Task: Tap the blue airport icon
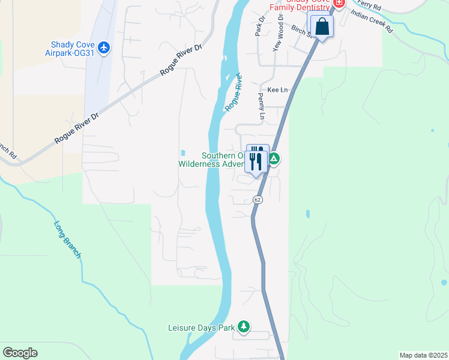[104, 47]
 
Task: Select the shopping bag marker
[322, 27]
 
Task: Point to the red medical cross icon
[340, 4]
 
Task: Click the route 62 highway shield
[257, 199]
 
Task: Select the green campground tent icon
[274, 159]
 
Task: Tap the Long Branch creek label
[67, 240]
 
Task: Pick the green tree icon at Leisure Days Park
[243, 327]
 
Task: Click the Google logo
[20, 353]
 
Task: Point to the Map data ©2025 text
[423, 355]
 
